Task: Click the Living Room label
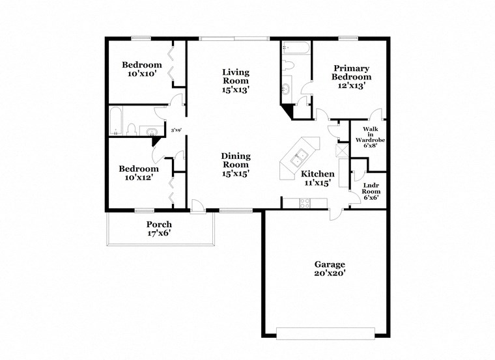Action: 236,81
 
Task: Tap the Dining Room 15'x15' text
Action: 236,165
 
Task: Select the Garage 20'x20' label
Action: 330,269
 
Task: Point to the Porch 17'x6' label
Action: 159,228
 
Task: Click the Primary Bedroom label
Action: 352,76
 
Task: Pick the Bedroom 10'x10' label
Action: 142,69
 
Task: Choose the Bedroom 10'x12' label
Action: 139,173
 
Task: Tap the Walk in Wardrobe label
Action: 367,137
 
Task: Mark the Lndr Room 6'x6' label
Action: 371,189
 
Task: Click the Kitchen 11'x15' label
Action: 317,178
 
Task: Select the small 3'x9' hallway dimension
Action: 175,130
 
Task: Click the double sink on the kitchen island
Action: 300,157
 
